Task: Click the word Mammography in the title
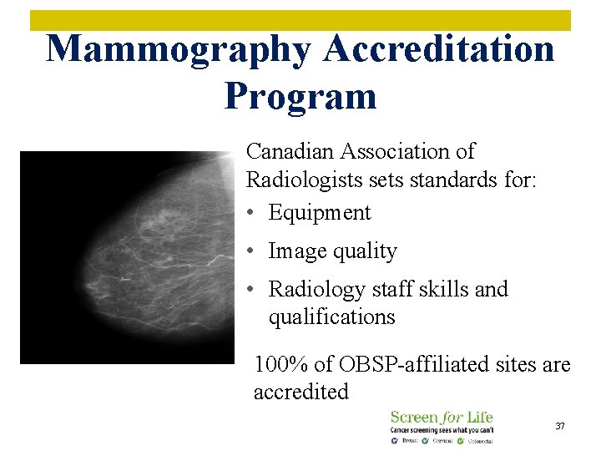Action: [178, 48]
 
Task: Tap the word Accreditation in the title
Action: [439, 48]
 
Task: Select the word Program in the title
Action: [300, 95]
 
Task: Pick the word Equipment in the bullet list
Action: [320, 213]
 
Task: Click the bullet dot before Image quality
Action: [251, 251]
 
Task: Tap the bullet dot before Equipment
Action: [251, 213]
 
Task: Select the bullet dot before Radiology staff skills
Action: [251, 290]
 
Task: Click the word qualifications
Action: [331, 317]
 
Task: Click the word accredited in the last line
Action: [300, 392]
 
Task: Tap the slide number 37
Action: [560, 426]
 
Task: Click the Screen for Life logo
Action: [442, 426]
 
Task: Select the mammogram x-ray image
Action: [125, 257]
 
